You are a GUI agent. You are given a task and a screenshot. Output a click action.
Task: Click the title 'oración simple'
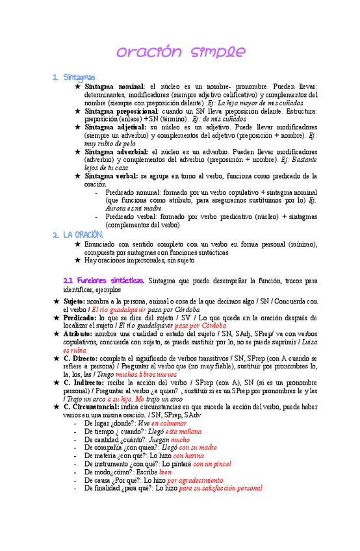[180, 51]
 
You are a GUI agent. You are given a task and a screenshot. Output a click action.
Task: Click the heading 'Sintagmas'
[79, 77]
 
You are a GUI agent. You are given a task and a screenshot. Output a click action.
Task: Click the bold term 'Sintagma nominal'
[114, 86]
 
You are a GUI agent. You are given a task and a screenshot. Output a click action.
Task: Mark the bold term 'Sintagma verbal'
[112, 175]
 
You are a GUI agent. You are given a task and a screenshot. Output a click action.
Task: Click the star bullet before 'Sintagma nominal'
[78, 86]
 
